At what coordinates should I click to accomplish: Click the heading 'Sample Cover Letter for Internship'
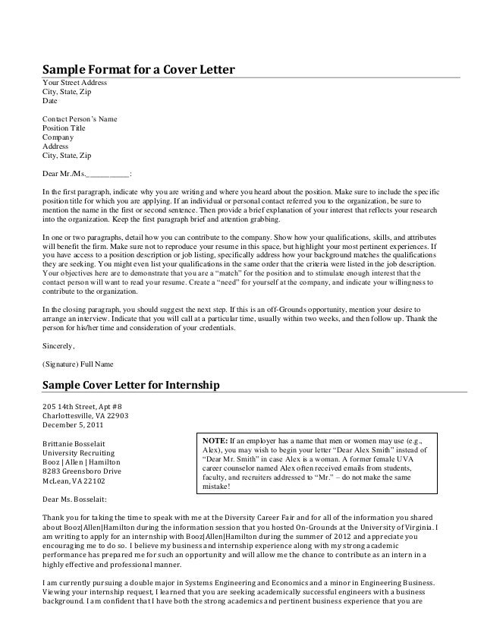click(x=130, y=385)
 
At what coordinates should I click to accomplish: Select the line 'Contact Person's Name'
click(x=80, y=119)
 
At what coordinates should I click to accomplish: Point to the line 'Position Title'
click(x=64, y=128)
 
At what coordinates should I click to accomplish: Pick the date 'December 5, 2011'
click(x=72, y=425)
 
